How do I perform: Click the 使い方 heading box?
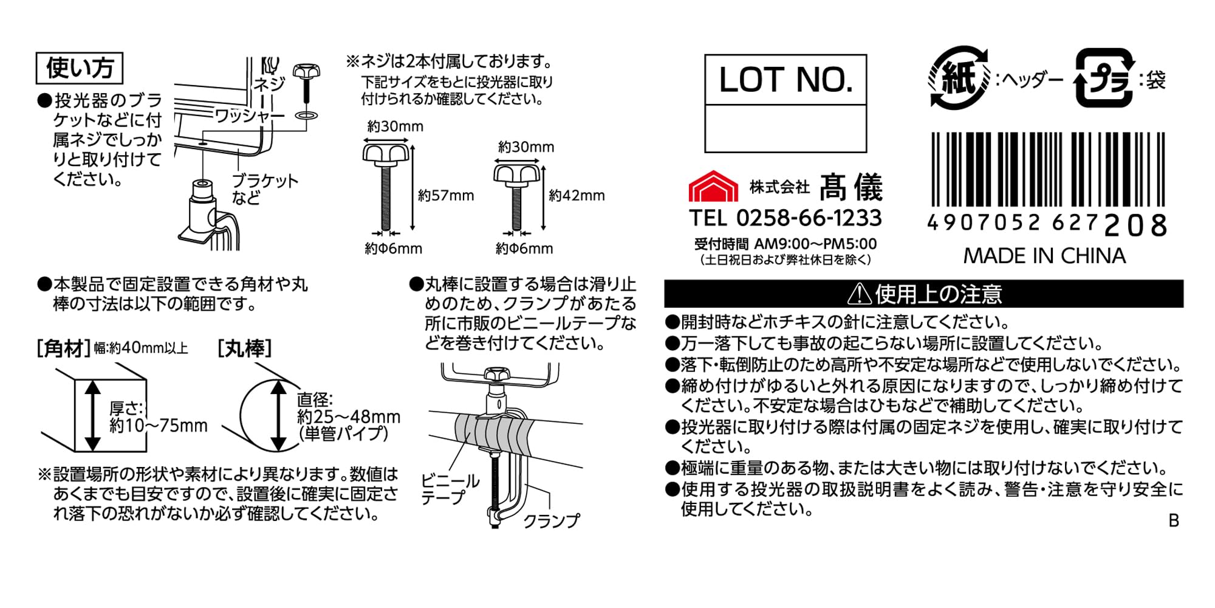80,68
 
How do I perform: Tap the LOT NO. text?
786,80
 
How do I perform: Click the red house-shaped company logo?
713,186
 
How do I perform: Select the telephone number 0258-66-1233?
809,218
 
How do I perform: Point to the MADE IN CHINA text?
1044,256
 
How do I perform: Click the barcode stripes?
1049,170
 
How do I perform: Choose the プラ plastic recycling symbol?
1104,78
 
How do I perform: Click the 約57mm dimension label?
446,196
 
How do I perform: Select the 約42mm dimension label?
577,196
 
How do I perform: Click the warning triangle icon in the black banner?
859,294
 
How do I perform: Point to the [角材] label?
63,348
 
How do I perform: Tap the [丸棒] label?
244,348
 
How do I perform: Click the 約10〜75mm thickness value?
159,426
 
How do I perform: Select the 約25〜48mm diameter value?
349,416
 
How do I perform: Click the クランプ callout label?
552,521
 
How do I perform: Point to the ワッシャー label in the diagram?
250,116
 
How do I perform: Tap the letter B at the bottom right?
1174,521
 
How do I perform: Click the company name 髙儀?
850,187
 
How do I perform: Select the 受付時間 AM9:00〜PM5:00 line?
785,244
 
